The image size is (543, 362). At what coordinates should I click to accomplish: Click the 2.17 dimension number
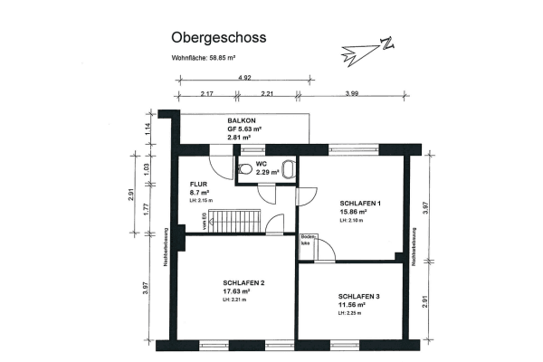click(207, 93)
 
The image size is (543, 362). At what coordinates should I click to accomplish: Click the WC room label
click(261, 164)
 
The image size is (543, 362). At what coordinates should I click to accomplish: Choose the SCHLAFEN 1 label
click(359, 204)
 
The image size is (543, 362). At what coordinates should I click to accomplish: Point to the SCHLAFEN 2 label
click(243, 283)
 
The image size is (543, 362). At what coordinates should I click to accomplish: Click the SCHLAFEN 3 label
click(359, 297)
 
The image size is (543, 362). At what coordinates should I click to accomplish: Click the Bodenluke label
click(307, 240)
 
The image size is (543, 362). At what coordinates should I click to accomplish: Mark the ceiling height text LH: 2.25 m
click(352, 314)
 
